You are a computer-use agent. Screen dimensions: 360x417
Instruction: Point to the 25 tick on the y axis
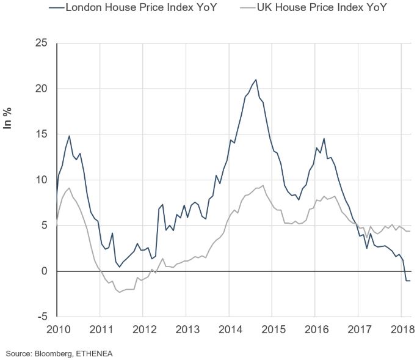click(41, 43)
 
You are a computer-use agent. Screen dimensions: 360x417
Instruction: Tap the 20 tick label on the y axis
click(41, 89)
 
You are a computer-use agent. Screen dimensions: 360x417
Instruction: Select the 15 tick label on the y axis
click(41, 134)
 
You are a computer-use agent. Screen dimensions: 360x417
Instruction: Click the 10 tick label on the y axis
click(41, 180)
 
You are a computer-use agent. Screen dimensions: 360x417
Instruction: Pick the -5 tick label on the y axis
click(42, 317)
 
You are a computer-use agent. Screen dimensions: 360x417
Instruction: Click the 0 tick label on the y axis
click(44, 271)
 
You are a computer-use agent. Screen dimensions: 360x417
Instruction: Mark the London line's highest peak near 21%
click(255, 79)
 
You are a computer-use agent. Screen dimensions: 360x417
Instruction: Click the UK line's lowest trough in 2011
click(120, 292)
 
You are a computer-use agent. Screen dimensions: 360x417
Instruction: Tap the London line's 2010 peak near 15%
click(70, 136)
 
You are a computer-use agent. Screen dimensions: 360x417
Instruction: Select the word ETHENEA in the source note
click(94, 353)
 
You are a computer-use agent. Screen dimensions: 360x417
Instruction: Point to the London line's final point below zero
click(410, 281)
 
